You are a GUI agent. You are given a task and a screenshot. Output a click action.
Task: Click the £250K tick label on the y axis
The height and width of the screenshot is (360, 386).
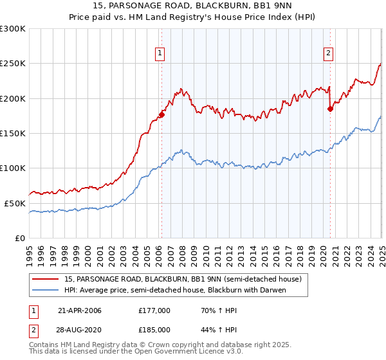point(12,64)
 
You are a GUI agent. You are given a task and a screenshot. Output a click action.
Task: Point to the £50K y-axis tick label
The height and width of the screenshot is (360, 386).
point(14,203)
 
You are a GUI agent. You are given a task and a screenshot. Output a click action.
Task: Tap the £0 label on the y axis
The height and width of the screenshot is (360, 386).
point(19,238)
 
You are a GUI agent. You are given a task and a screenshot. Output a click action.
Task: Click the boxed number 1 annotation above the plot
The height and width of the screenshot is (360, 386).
point(159,54)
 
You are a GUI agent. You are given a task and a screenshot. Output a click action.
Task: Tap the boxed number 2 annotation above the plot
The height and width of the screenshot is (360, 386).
point(328,54)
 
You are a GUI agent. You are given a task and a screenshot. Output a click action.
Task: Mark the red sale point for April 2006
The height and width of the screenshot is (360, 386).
point(161,114)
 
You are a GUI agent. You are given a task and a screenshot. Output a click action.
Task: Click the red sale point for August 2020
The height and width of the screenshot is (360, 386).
point(330,109)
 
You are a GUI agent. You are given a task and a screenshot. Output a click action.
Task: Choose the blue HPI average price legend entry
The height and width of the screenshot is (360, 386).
point(174,290)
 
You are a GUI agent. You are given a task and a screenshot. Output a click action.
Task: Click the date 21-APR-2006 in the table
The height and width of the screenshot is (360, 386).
point(80,310)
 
